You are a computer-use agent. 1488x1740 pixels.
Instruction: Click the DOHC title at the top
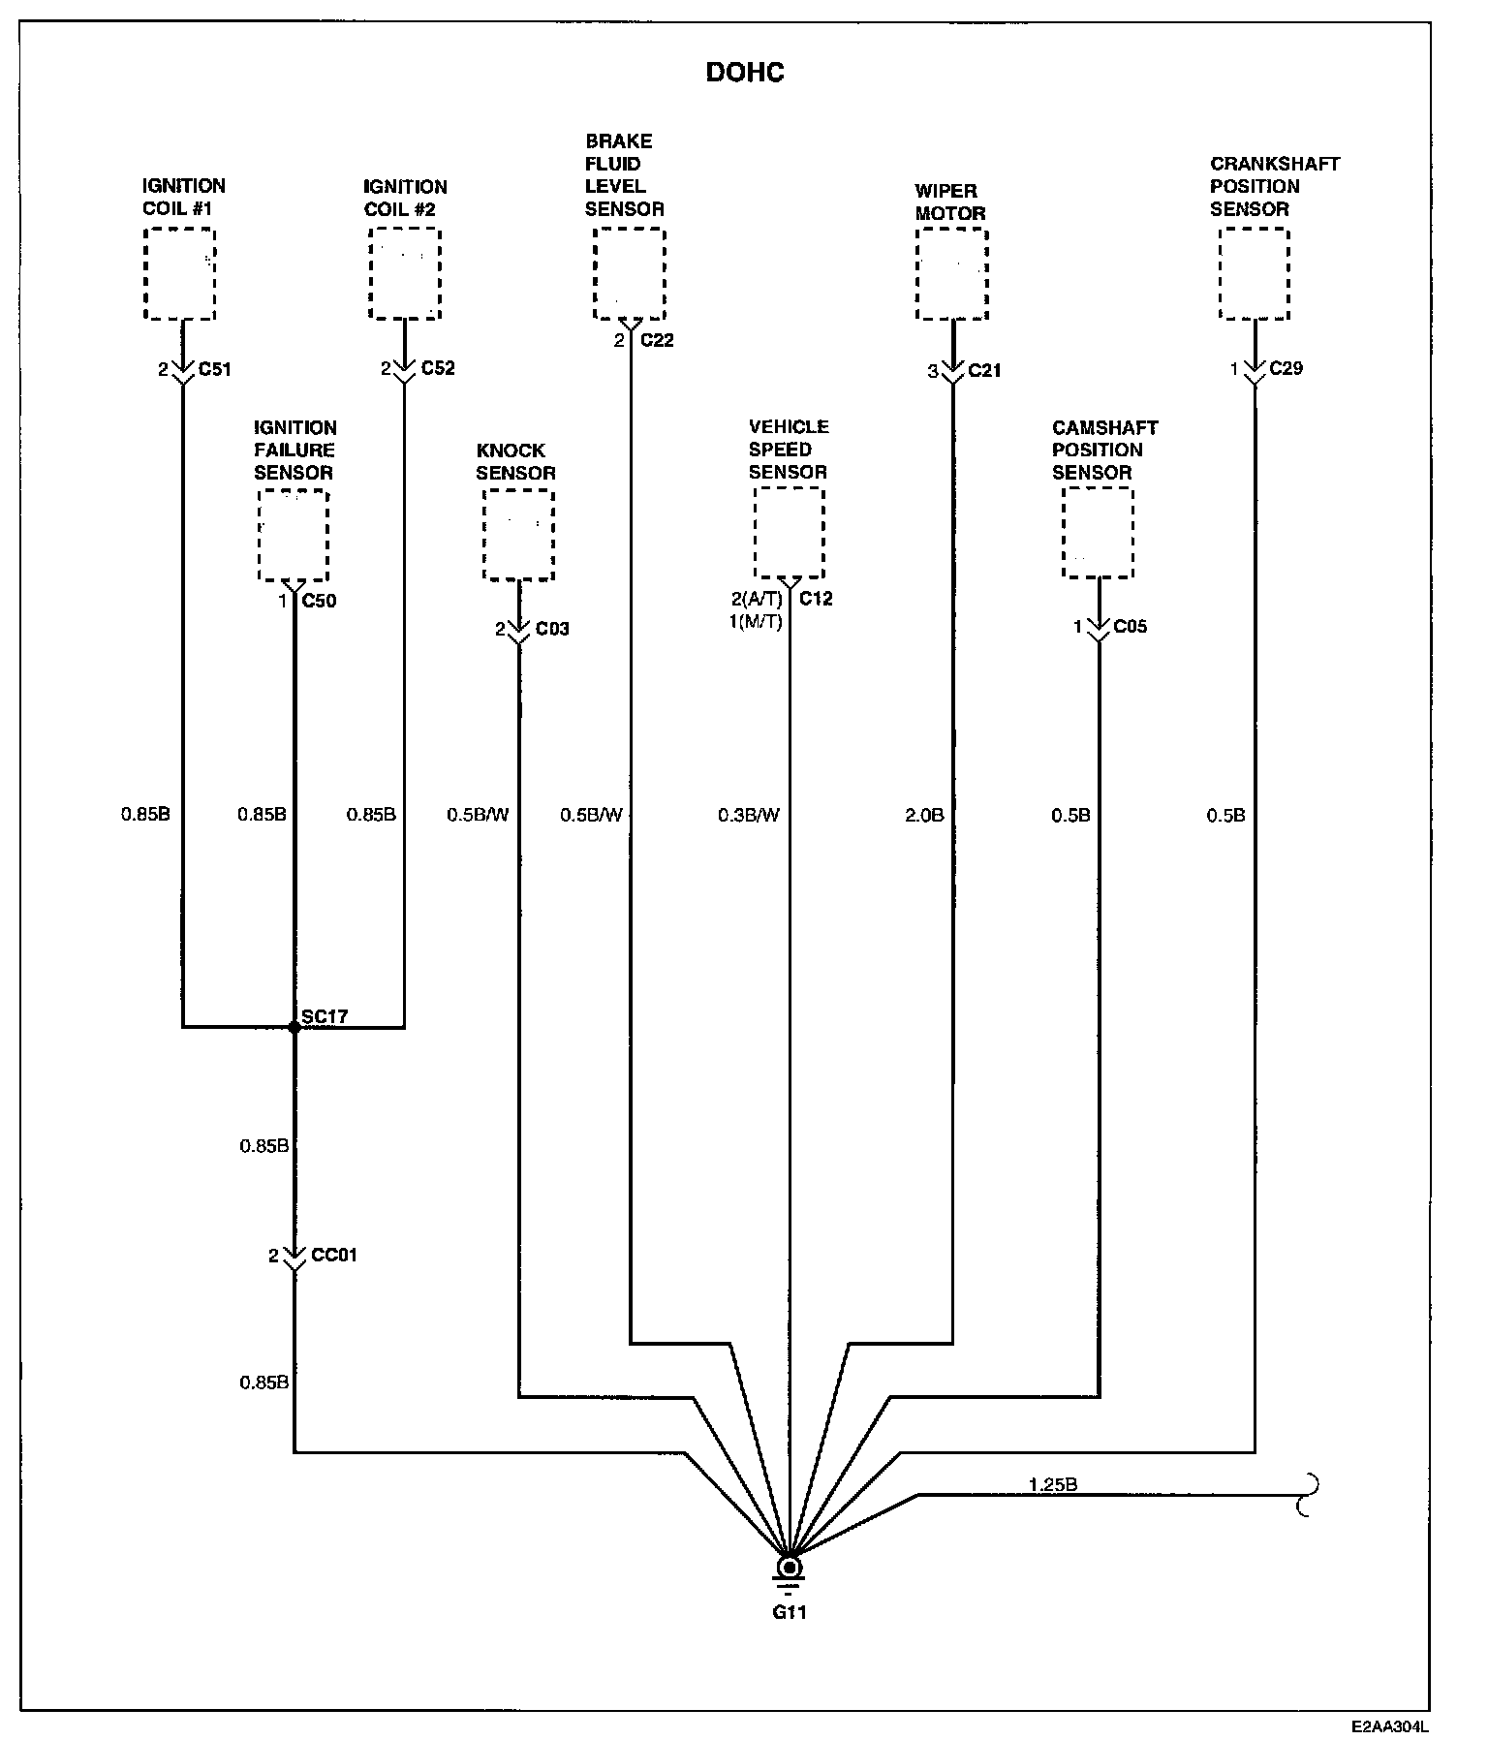[744, 73]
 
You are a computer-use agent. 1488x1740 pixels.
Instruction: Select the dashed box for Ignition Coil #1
[179, 274]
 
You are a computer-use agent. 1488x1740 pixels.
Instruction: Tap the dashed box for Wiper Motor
[952, 274]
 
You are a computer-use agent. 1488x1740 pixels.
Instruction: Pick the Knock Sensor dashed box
[518, 535]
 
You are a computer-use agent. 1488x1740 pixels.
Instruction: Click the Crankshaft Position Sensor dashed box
[1254, 274]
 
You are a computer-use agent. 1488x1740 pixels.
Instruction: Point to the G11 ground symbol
[790, 1568]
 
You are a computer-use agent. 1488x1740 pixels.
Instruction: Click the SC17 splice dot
[294, 1027]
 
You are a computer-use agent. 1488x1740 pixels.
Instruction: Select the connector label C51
[214, 369]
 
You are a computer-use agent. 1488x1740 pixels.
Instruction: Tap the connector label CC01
[334, 1256]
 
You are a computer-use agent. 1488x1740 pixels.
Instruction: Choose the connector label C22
[657, 340]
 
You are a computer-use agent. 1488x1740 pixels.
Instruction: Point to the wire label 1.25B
[1053, 1483]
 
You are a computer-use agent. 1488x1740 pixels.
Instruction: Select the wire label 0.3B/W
[748, 816]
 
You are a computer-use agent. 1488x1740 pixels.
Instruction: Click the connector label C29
[1286, 368]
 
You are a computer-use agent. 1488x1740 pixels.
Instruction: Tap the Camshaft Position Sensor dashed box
[1098, 533]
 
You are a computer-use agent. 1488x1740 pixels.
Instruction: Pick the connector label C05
[1130, 627]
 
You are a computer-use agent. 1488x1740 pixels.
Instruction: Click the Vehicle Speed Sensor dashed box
[790, 533]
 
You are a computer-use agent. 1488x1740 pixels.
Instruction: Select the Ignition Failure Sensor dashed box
[294, 536]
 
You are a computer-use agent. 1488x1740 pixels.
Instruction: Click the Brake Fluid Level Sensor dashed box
[630, 274]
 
